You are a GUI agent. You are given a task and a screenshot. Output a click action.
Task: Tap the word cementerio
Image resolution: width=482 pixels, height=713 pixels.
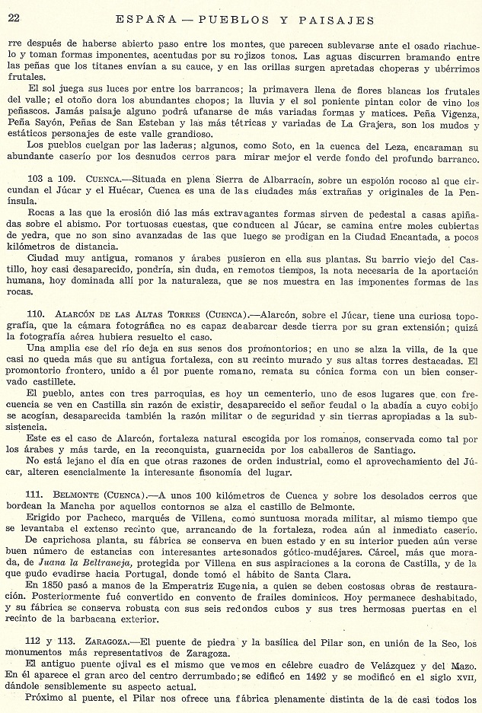(x=244, y=393)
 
